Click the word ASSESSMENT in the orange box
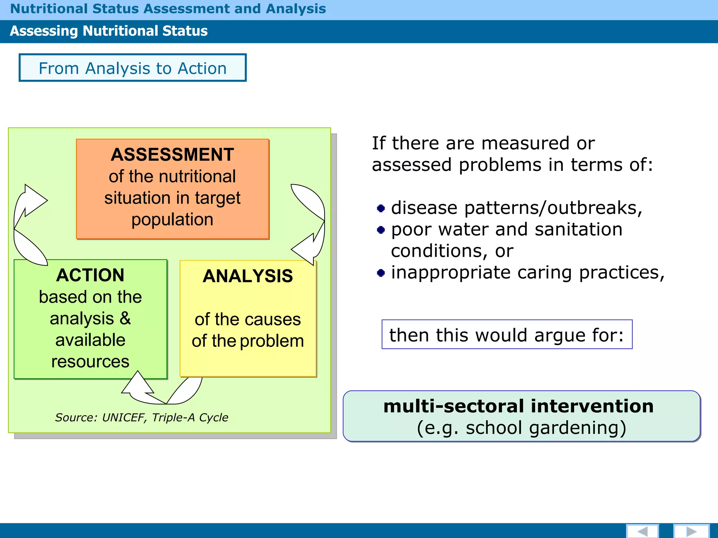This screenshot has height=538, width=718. [172, 155]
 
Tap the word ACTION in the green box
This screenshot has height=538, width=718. [90, 275]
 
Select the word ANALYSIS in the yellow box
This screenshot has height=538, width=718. [248, 276]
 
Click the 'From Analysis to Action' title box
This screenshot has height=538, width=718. [133, 68]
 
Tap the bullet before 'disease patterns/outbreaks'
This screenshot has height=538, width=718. [381, 209]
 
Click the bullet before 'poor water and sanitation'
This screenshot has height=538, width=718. [381, 230]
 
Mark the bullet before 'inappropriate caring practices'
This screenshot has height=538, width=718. [381, 273]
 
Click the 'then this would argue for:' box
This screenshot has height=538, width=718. [507, 335]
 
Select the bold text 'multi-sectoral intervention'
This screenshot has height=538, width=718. [518, 406]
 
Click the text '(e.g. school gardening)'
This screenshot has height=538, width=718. [521, 428]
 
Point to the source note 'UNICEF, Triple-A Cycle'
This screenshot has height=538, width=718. [142, 418]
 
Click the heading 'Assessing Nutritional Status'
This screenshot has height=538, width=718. [109, 31]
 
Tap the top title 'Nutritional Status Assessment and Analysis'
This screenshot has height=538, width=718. [168, 9]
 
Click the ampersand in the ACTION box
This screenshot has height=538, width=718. [125, 318]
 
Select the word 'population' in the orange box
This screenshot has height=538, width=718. [172, 220]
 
